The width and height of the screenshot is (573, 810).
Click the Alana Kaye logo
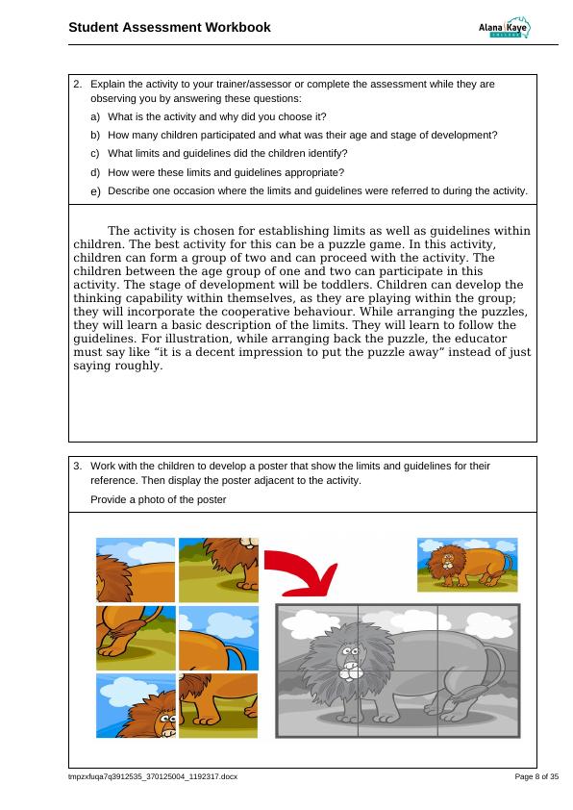[x=504, y=27]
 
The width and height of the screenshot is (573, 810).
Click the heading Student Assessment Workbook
[x=169, y=27]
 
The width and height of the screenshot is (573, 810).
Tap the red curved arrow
[x=302, y=570]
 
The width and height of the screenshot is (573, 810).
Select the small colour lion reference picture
[x=467, y=565]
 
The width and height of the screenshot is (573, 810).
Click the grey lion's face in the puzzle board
[x=350, y=659]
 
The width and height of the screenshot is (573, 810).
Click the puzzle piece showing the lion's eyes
[x=136, y=706]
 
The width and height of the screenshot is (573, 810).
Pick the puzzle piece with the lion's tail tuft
[x=136, y=638]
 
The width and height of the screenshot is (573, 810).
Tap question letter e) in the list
[x=95, y=191]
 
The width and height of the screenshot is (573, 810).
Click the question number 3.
[x=78, y=466]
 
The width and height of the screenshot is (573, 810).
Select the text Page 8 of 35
[x=536, y=776]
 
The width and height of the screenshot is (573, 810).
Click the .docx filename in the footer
[x=153, y=776]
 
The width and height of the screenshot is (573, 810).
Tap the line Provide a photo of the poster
[x=159, y=499]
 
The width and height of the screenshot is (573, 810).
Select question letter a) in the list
[x=95, y=117]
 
